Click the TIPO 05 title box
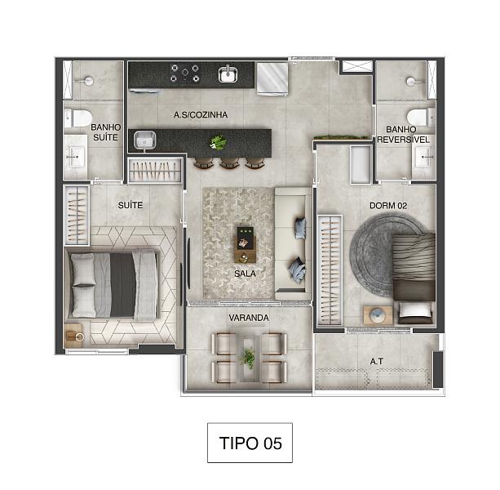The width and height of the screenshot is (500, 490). point(250,443)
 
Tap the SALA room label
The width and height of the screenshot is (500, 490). point(245,274)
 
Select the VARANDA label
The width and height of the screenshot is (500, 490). point(249,318)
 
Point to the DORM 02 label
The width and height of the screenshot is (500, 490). point(388,206)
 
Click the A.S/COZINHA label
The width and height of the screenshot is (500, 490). point(201,114)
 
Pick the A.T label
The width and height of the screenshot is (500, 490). point(377,361)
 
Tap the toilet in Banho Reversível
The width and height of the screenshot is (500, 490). point(421,117)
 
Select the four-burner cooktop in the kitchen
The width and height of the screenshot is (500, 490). point(184,73)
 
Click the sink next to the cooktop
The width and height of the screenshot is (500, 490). point(228,74)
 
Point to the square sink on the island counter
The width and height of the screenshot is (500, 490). point(144,140)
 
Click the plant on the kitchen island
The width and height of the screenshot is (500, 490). point(218,142)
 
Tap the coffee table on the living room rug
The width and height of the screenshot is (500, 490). point(246,244)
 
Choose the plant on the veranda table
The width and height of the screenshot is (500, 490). point(249,359)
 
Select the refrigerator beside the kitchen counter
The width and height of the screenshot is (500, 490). point(272,78)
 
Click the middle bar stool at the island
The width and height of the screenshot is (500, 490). point(229,163)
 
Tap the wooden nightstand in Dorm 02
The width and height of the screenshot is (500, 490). point(378,315)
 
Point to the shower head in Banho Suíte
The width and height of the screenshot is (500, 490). point(88,81)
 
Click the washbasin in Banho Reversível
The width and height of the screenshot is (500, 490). point(424,158)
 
